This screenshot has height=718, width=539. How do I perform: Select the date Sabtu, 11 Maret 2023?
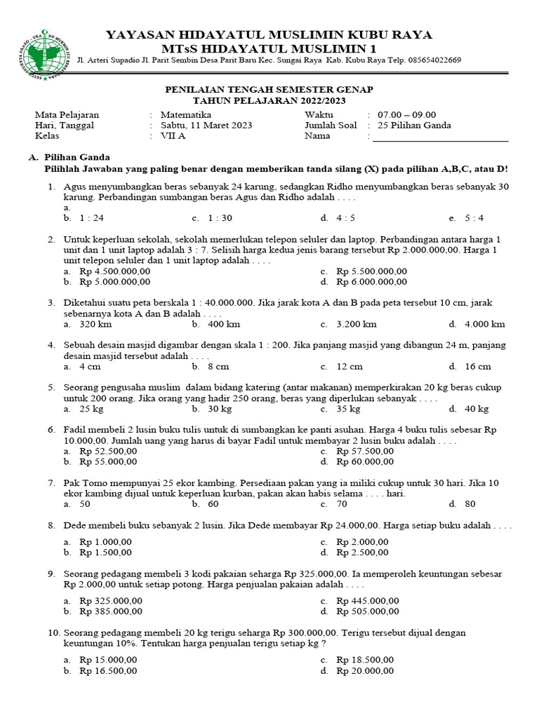coord(206,126)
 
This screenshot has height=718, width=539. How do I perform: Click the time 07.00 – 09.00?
coord(406,115)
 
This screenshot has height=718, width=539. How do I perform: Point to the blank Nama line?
coord(440,138)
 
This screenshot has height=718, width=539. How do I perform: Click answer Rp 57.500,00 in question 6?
coord(365,451)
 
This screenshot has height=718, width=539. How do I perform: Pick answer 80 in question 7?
coord(470,503)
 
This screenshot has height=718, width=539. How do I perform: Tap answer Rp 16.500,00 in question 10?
coord(108,670)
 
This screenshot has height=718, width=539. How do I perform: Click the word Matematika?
coord(186,115)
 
